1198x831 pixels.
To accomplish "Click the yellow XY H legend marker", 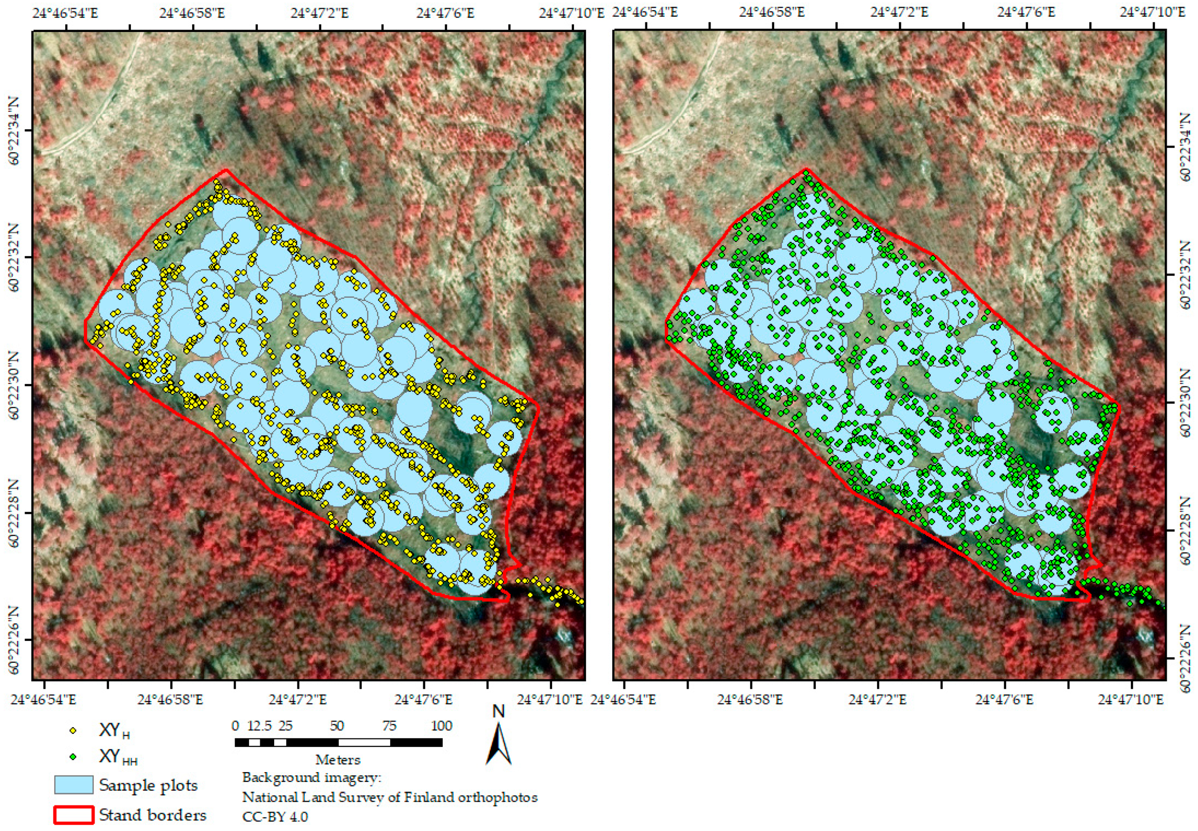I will pyautogui.click(x=73, y=730).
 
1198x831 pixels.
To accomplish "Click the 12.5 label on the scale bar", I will pyautogui.click(x=259, y=726).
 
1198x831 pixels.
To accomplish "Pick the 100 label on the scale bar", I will pyautogui.click(x=441, y=726).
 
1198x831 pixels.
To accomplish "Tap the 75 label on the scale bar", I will pyautogui.click(x=389, y=726).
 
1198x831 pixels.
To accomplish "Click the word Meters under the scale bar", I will pyautogui.click(x=338, y=759).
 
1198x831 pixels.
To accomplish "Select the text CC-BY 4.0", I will pyautogui.click(x=275, y=816).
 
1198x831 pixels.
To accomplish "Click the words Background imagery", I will pyautogui.click(x=312, y=778).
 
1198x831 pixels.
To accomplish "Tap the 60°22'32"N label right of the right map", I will pyautogui.click(x=1185, y=275).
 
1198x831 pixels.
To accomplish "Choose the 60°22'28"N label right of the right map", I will pyautogui.click(x=1185, y=531).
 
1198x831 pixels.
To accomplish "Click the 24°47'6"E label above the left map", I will pyautogui.click(x=445, y=13).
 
